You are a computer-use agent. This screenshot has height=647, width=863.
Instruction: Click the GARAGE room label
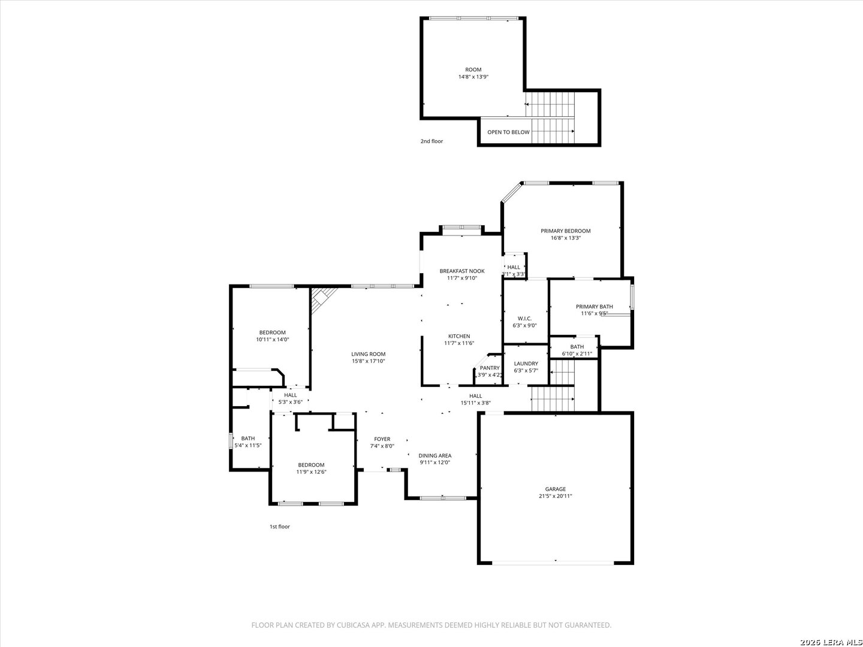555,489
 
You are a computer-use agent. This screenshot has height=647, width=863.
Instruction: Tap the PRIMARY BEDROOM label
565,231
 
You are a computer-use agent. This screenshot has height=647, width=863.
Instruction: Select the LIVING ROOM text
369,354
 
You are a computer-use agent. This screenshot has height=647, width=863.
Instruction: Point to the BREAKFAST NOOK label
462,271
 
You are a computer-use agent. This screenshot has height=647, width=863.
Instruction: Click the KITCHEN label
459,336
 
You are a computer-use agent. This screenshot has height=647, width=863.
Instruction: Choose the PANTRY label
490,368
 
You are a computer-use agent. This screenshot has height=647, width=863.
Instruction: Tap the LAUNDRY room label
526,364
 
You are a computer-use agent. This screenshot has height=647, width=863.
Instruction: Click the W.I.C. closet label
524,319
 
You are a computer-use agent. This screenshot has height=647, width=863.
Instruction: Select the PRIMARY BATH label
594,307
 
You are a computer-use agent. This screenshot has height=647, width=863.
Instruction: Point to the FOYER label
382,439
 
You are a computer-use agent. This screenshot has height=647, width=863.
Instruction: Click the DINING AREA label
435,456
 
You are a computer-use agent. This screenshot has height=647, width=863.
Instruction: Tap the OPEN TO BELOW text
508,132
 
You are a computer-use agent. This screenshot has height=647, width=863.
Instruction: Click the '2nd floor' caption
431,141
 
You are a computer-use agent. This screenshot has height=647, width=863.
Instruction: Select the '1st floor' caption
279,527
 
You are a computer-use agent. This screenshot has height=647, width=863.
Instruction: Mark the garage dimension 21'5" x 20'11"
555,496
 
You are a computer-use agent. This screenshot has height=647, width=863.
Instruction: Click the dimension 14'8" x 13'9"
473,77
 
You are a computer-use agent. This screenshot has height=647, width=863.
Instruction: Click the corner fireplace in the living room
323,300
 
